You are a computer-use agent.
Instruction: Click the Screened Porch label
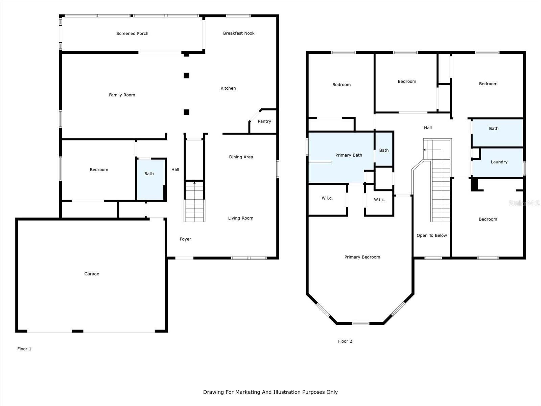132,33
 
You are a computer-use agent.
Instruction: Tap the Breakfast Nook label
239,33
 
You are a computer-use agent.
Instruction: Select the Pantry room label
264,121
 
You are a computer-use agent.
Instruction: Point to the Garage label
92,274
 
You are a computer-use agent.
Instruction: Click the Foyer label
185,239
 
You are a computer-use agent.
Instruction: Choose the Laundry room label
499,162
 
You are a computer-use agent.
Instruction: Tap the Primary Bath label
349,155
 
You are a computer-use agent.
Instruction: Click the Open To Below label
431,235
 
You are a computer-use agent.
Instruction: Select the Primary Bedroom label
362,257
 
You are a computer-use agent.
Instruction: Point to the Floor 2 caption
345,341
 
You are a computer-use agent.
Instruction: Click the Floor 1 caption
24,349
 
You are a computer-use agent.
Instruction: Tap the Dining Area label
241,157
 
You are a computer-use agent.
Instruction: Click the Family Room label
122,95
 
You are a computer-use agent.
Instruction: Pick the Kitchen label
228,88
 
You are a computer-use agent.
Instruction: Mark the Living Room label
240,218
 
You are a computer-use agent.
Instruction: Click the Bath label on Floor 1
149,174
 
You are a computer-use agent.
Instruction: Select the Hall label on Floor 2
428,128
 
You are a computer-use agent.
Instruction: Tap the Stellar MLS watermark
524,203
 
